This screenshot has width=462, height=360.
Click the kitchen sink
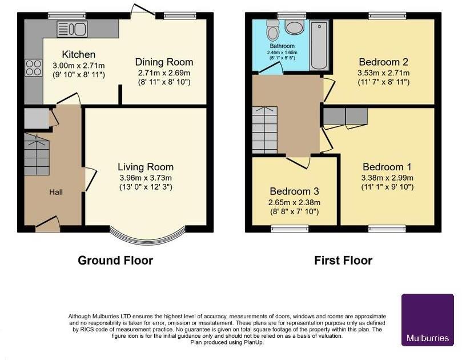point(71,28)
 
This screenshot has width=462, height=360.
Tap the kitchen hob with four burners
point(32,68)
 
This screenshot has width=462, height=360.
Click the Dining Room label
point(164,62)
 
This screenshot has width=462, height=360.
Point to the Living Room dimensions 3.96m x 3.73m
point(145,177)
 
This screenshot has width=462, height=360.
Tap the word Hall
point(55,192)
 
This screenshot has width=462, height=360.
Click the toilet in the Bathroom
point(272,28)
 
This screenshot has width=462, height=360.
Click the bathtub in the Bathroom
point(320,46)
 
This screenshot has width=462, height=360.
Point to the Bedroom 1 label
point(387,167)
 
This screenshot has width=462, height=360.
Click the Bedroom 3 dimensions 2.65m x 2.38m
point(295,202)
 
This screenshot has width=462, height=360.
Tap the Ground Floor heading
point(115,261)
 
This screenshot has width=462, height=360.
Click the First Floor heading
point(343,261)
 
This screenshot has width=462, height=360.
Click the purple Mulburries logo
point(427,320)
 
